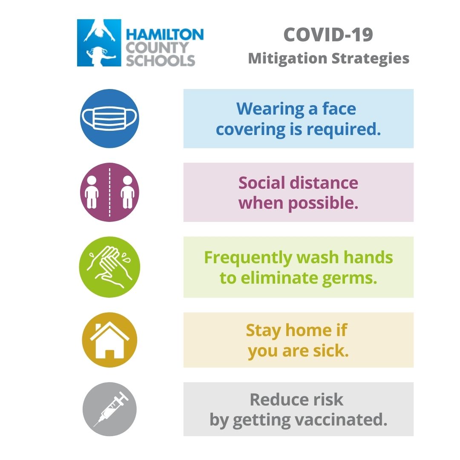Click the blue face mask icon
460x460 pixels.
109,118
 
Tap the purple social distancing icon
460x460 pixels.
109,192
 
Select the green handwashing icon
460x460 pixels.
109,267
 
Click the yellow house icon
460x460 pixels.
109,340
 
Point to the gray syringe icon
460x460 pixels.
109,409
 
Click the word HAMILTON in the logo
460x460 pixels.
164,34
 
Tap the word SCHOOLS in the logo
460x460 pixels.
160,60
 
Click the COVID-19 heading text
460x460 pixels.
328,35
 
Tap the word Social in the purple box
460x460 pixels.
261,183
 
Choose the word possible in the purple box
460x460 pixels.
323,203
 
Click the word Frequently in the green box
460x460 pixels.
247,257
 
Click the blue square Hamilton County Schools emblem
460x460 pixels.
99,43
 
